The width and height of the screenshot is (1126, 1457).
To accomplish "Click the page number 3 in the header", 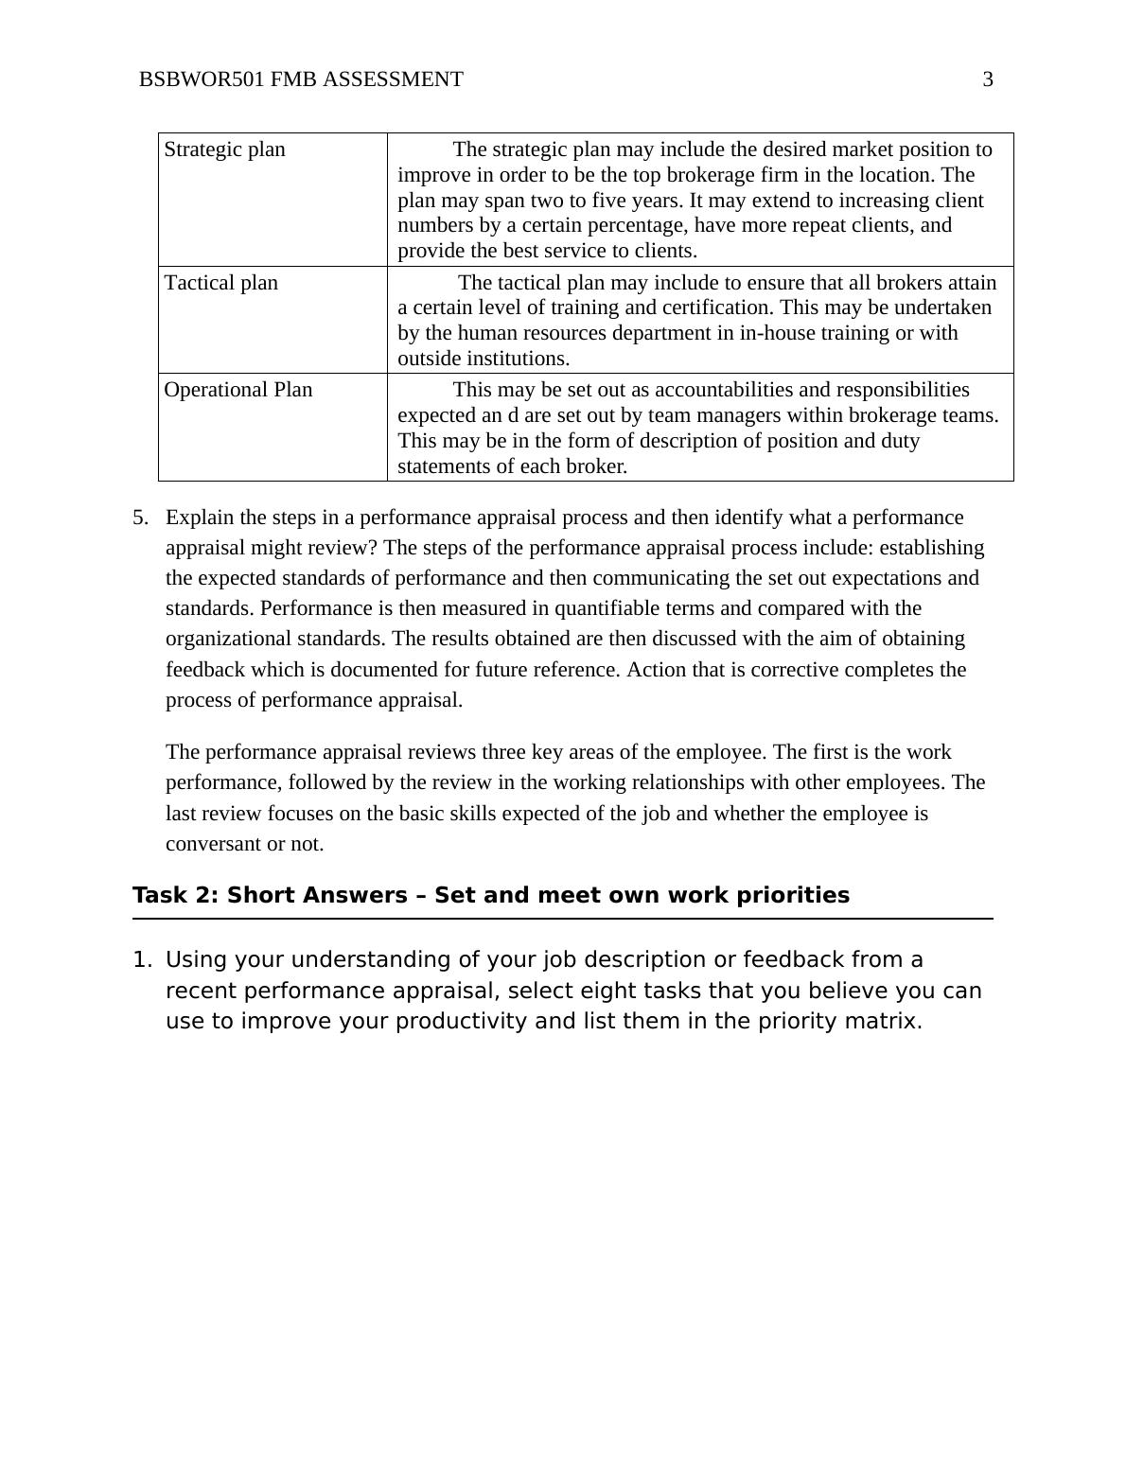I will [x=988, y=79].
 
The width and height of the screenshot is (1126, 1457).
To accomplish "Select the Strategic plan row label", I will [x=224, y=149].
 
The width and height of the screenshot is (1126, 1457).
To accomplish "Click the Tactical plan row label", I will [x=221, y=283].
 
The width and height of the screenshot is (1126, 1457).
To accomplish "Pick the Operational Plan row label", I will [x=238, y=390].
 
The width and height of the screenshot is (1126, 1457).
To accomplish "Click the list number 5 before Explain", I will [x=140, y=518].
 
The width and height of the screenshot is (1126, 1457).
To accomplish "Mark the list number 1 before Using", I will [x=141, y=959].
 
